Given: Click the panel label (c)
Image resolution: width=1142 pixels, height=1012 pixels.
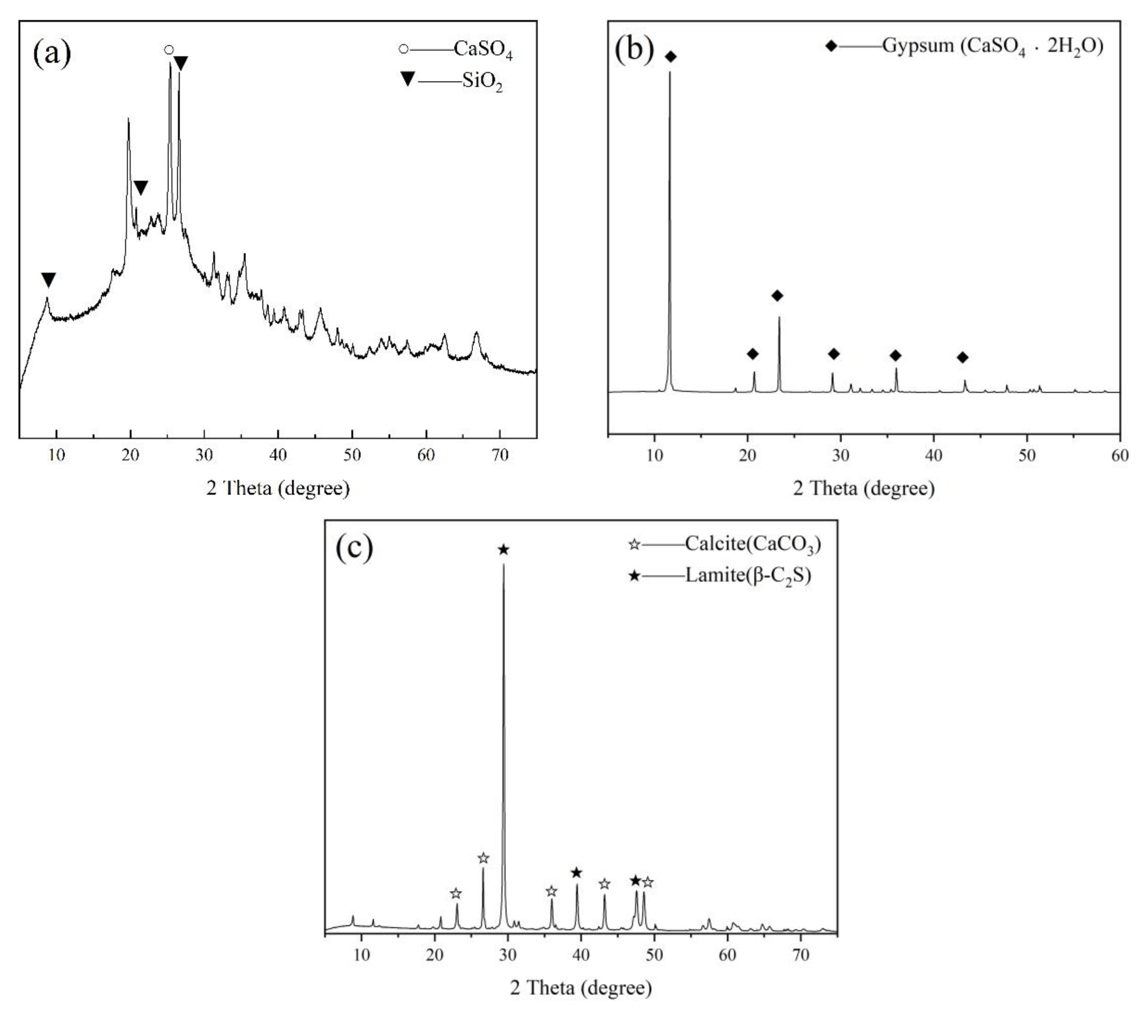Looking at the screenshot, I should click(354, 548).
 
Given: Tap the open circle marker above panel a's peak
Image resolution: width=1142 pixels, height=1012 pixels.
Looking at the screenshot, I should click(169, 50).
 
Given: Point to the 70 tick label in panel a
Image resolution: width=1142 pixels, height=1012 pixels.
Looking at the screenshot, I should click(500, 455).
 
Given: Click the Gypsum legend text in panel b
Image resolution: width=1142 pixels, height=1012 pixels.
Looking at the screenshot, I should click(992, 46).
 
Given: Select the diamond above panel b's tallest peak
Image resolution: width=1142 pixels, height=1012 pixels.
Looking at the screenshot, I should click(671, 56).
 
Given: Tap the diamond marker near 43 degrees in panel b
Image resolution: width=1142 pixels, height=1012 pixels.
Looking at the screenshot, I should click(962, 357).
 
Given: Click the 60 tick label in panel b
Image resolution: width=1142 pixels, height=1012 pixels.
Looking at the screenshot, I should click(1119, 455).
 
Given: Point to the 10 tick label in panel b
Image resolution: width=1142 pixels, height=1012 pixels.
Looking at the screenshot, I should click(654, 455).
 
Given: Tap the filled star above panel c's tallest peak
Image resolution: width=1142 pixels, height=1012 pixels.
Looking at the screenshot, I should click(503, 550).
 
